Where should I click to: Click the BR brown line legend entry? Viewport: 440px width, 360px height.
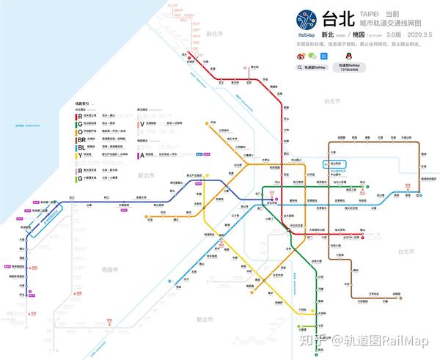pos(81,138)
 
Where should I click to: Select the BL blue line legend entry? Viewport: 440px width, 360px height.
pos(81,146)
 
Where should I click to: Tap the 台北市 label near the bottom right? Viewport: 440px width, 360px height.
pos(406,251)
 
